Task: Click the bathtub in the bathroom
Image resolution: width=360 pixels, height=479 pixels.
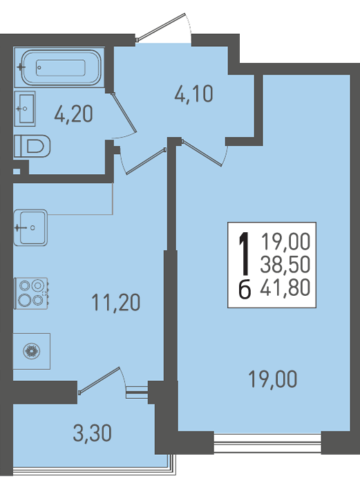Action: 60,67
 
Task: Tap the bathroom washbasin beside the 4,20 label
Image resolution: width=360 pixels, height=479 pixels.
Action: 25,109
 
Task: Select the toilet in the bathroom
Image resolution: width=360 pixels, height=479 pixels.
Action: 32,146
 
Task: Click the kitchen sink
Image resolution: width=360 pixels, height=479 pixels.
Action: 30,227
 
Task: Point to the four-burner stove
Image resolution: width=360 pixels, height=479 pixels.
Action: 31,293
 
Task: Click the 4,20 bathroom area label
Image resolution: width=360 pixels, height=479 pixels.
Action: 73,114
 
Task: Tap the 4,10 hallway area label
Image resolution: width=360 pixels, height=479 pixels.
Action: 193,94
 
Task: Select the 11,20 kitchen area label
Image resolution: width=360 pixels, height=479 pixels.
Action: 116,303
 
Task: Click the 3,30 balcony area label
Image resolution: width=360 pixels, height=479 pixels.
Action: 92,433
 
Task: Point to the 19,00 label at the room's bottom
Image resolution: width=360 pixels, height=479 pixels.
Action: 272,379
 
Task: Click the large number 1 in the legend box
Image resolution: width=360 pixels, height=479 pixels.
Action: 245,253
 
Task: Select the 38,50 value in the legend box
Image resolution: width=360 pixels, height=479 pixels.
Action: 285,265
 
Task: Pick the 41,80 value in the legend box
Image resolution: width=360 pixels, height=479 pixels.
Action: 285,288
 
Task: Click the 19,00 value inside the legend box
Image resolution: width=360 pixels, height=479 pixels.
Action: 286,241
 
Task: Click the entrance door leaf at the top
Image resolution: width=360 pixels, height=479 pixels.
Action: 160,27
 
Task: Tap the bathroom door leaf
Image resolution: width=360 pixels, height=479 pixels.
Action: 124,113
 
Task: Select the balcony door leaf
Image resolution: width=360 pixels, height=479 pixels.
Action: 99,380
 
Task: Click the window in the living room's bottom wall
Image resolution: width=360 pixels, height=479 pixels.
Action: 267,442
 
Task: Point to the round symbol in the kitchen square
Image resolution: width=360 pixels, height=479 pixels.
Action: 32,351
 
